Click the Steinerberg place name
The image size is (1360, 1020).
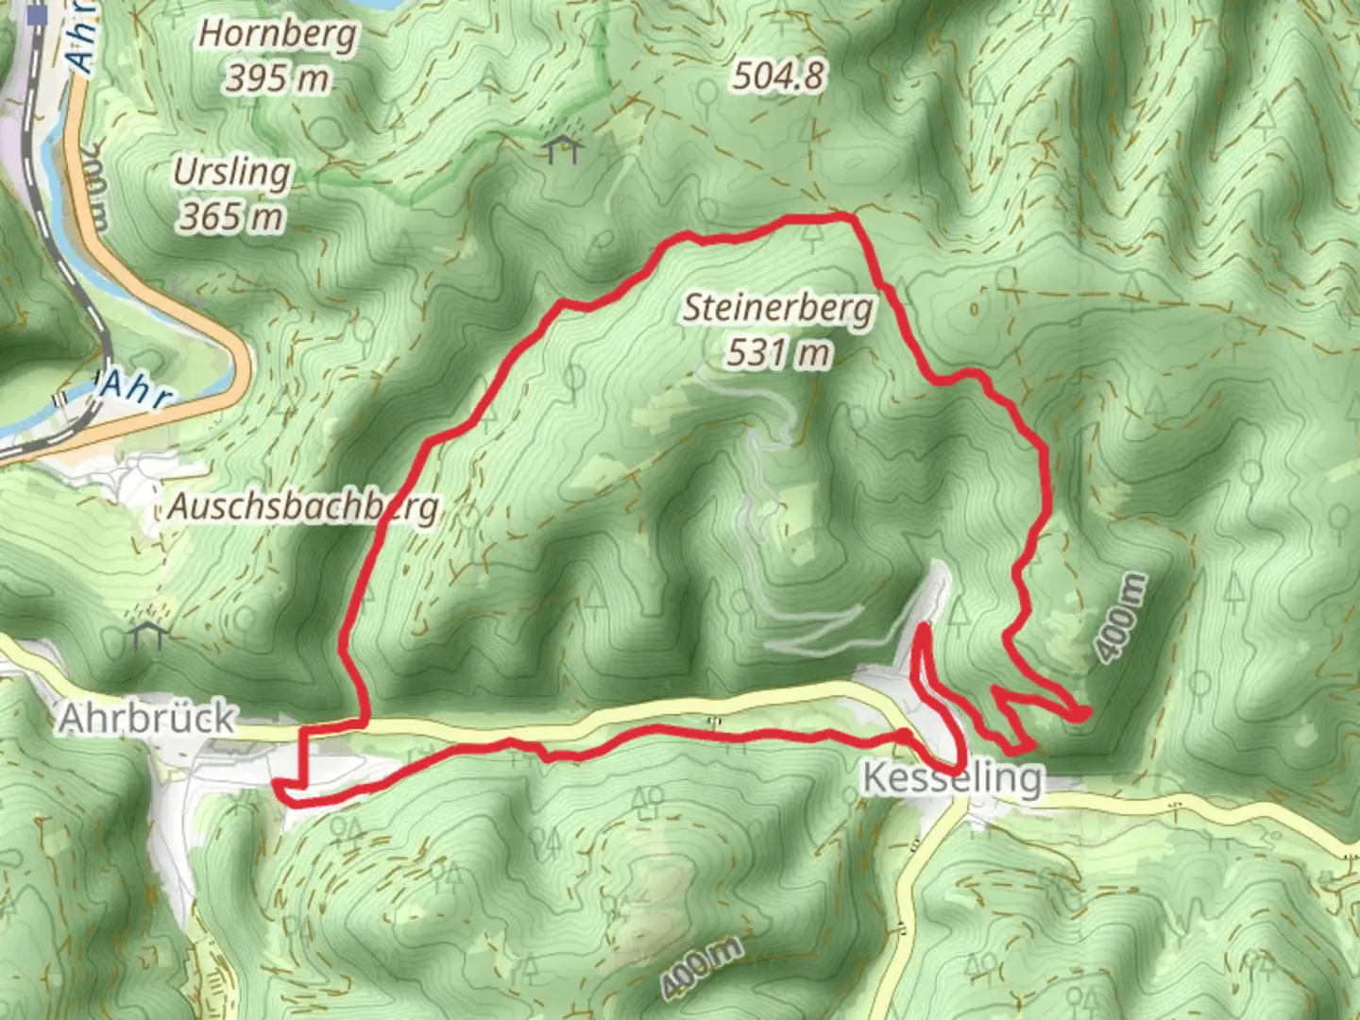pos(779,309)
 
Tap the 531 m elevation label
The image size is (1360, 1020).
pos(779,353)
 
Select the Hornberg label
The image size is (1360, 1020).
pos(278,35)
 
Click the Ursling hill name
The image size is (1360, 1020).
pos(231,173)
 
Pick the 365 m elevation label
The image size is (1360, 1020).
pos(231,218)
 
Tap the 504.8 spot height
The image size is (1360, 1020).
pos(778,76)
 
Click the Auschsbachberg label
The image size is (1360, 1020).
pos(304,507)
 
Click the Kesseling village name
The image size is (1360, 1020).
pos(953,778)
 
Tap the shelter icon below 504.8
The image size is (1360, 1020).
pos(562,148)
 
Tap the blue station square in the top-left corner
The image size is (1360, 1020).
pos(38,15)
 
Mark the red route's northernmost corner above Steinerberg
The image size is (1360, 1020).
pos(852,218)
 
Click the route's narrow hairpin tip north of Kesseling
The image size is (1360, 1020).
pos(921,628)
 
